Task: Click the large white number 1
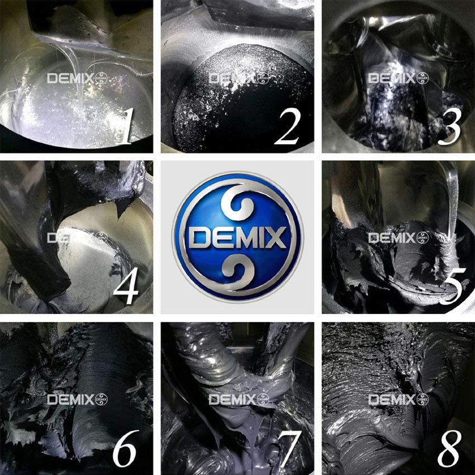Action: [x=126, y=126]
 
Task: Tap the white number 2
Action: [x=287, y=127]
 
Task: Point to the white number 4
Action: [x=126, y=287]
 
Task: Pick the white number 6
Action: [x=125, y=449]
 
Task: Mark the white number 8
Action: [x=449, y=448]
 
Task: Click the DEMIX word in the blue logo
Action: [x=237, y=238]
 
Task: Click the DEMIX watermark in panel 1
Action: [x=77, y=78]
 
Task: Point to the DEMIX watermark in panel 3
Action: [x=398, y=78]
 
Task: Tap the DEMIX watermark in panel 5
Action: [x=398, y=238]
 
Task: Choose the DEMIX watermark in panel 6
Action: [x=77, y=400]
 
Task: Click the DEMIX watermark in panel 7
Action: [x=239, y=400]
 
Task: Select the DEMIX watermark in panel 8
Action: [x=398, y=400]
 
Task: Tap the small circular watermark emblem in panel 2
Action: [x=263, y=78]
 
